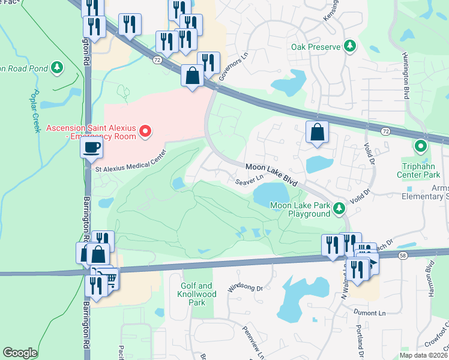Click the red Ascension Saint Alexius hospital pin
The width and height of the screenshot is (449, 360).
145,131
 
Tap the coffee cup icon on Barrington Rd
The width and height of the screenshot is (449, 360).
91,147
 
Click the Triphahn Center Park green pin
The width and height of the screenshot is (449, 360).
421,146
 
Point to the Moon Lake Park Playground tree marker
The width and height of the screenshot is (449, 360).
340,208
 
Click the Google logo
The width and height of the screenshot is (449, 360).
20,353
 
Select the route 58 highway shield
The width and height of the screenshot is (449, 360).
401,254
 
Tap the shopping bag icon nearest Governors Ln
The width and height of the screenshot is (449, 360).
192,76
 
